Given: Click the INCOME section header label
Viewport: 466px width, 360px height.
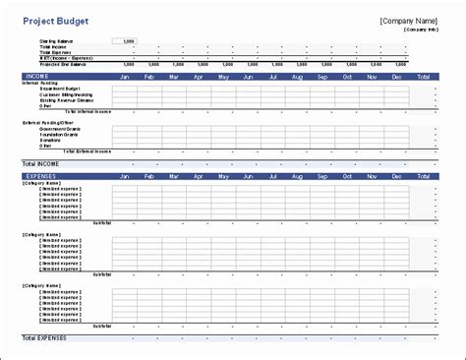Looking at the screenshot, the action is click(37, 76).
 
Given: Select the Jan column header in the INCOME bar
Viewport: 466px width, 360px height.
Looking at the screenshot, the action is click(125, 76).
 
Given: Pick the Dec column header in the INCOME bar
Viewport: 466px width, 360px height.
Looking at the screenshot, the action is click(396, 76).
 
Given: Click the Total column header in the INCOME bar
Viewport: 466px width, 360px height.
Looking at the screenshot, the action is click(424, 76).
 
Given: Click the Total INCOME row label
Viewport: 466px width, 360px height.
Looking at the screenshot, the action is click(40, 163).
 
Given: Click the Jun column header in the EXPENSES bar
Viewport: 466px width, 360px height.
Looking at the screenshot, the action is click(248, 176).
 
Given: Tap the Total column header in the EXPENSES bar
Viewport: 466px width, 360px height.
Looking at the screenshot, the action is click(424, 176).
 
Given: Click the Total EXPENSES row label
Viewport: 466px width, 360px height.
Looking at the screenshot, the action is click(44, 337).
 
